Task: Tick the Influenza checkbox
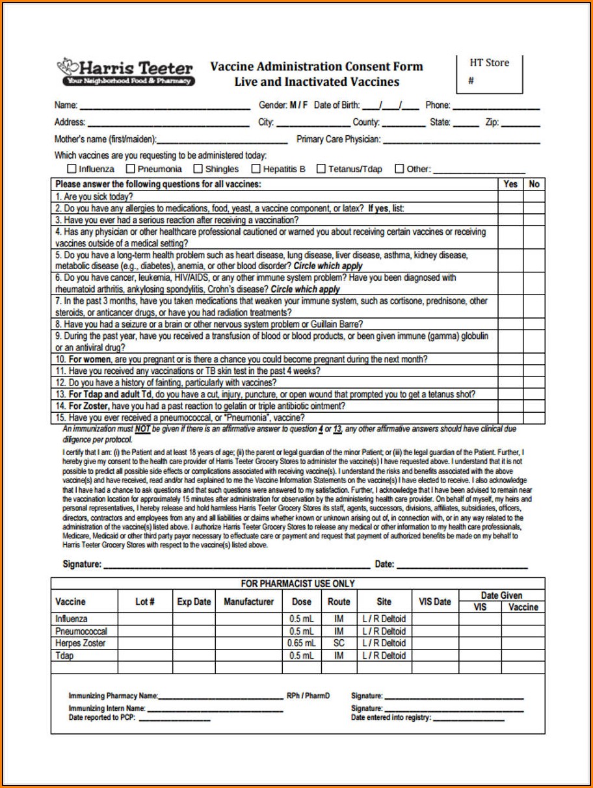tap(71, 169)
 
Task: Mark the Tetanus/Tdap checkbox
tap(321, 169)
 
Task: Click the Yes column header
tap(510, 184)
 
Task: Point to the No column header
tap(534, 184)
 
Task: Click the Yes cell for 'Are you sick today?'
tap(510, 196)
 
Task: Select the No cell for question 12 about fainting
tap(534, 382)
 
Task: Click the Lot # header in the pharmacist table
tap(145, 602)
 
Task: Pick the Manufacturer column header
tap(248, 602)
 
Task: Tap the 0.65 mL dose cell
tap(301, 643)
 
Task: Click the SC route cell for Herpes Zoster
tap(339, 643)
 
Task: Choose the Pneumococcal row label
tap(81, 631)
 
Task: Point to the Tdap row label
tap(64, 655)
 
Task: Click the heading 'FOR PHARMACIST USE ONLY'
tap(298, 584)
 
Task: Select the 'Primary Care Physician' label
tap(339, 139)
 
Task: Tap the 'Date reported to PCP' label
tap(102, 718)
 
